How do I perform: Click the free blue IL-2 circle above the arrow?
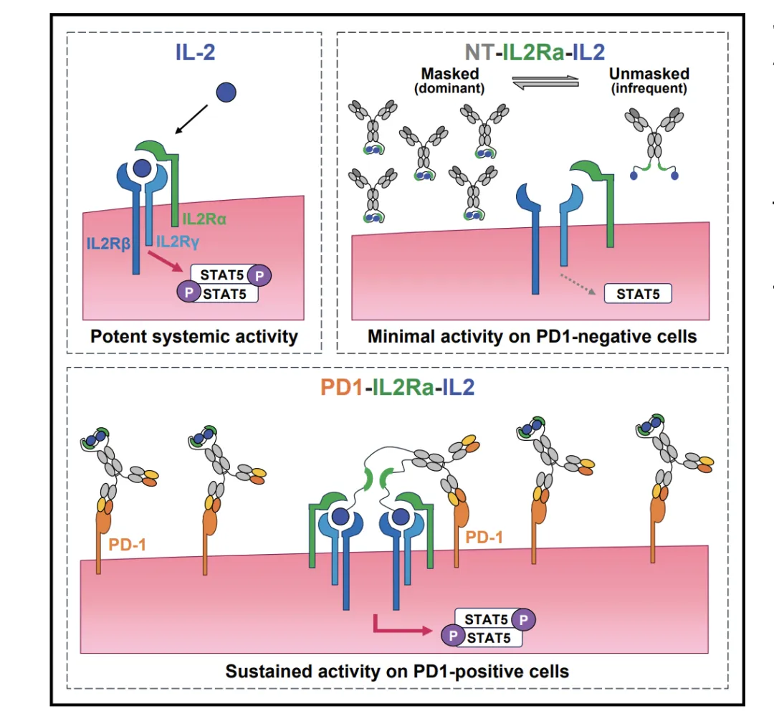point(226,92)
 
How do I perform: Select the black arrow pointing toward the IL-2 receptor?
point(191,118)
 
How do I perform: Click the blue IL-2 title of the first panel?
point(194,53)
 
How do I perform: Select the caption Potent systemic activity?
point(194,336)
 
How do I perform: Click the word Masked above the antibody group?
point(450,74)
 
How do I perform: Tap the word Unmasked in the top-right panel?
point(648,74)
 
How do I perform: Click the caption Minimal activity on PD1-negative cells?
point(532,336)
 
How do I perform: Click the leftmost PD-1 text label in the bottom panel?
point(127,545)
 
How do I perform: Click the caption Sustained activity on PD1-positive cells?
point(397,672)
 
